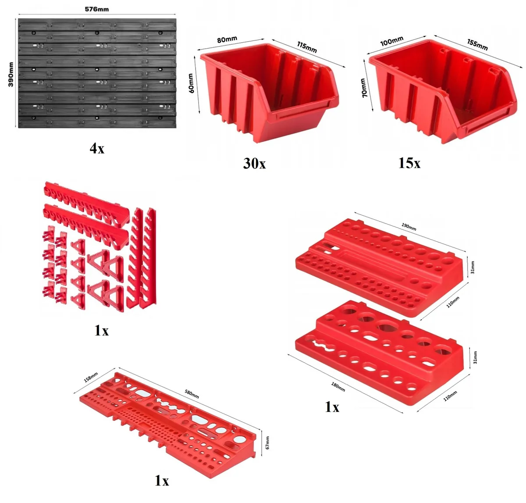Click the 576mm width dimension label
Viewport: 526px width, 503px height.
[97, 9]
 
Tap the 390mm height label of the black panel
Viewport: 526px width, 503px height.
[11, 75]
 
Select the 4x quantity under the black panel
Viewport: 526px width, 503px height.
[97, 148]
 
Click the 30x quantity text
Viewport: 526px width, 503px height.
[254, 163]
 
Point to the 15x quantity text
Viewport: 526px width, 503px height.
[409, 163]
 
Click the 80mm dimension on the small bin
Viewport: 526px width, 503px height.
[227, 39]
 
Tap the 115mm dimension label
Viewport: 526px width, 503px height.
[307, 47]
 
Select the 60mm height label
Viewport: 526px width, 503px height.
[191, 83]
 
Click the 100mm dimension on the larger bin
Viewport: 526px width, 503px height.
[392, 41]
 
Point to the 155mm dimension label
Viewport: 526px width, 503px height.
[477, 45]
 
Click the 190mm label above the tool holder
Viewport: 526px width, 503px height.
[409, 227]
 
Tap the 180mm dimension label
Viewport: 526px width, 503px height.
[338, 387]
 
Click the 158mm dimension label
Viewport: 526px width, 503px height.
[91, 377]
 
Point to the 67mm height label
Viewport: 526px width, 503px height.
[267, 442]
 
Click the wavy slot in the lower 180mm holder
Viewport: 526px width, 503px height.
[323, 346]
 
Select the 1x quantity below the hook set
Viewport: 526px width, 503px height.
[102, 331]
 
